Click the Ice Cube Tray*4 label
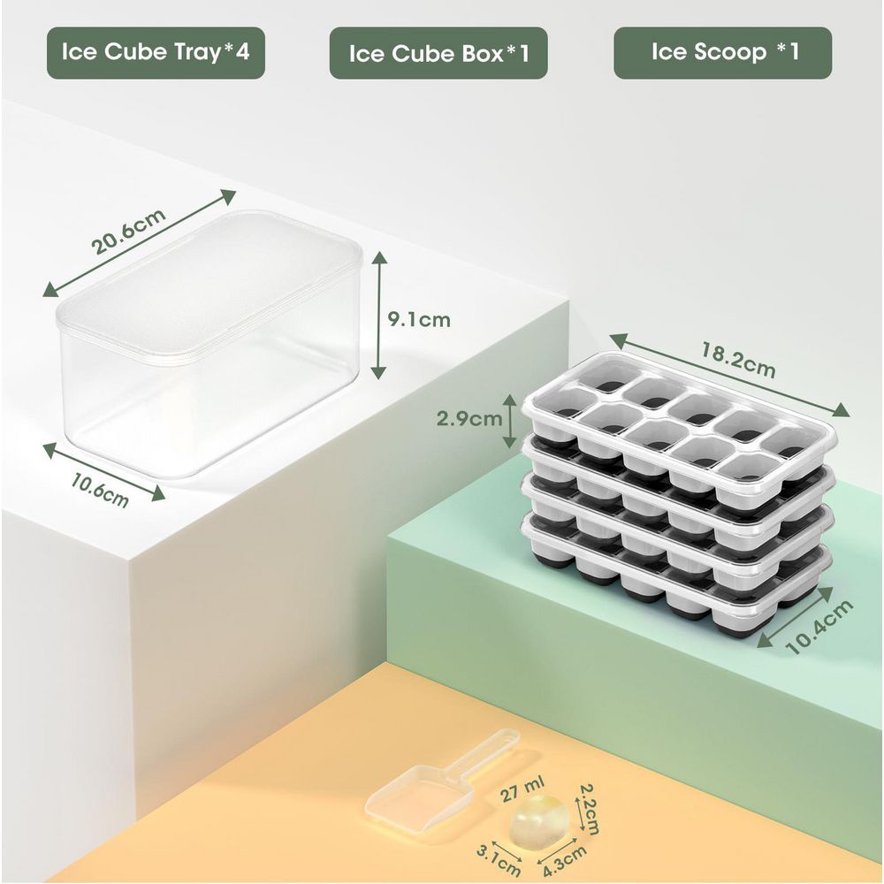click(156, 51)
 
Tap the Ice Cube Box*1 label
click(438, 53)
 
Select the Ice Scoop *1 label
click(724, 51)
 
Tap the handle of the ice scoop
click(480, 752)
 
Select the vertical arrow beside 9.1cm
click(379, 315)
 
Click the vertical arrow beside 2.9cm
click(510, 421)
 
